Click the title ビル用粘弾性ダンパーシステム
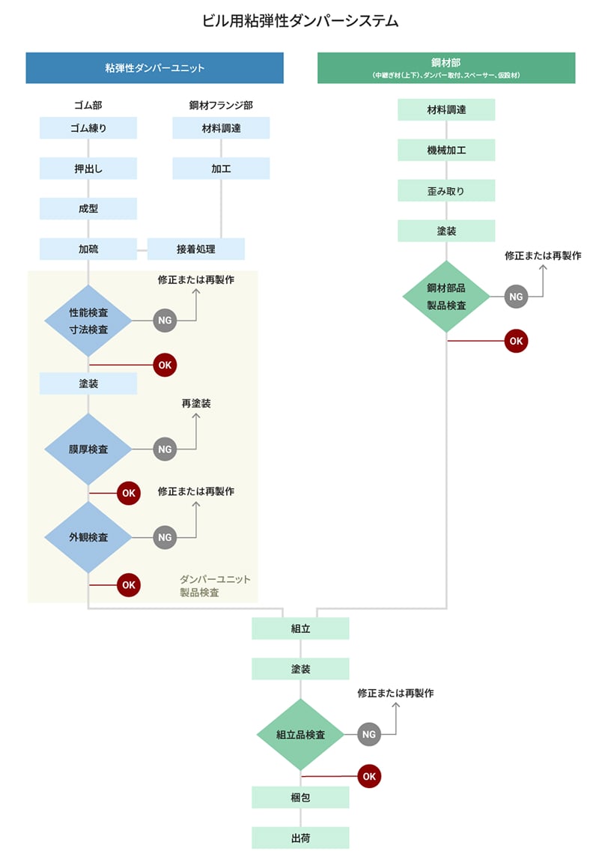[300, 21]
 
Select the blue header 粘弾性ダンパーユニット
[154, 67]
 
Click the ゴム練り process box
[88, 128]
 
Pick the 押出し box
[88, 169]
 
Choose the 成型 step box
[88, 209]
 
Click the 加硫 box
[88, 249]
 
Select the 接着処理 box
[196, 249]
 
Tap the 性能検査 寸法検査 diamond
[88, 321]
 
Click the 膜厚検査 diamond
[88, 449]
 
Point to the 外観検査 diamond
[88, 537]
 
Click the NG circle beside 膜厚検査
[165, 449]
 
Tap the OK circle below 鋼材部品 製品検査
[516, 341]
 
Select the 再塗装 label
[196, 404]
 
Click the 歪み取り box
[446, 191]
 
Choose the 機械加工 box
[446, 151]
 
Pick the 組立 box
[300, 629]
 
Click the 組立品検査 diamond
[300, 735]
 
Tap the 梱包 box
[300, 798]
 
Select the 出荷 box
[300, 838]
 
